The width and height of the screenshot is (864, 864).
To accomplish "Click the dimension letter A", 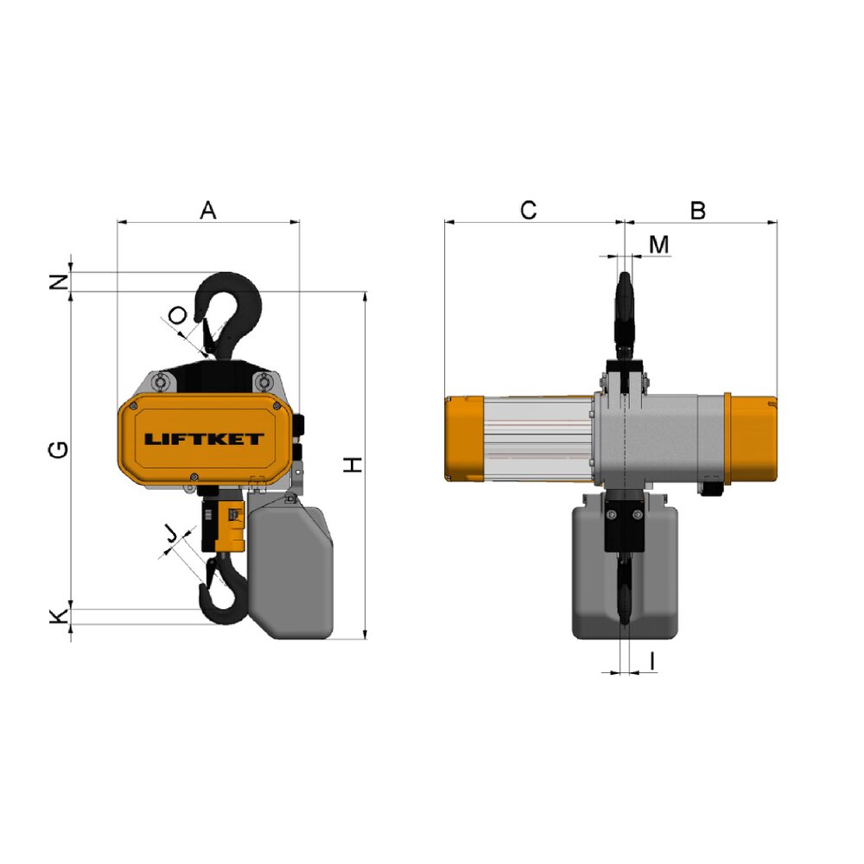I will click(207, 210).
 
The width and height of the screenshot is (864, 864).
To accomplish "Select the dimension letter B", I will click(698, 210).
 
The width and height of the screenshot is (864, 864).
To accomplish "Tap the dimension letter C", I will click(529, 210).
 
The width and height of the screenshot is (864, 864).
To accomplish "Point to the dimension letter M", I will click(659, 245).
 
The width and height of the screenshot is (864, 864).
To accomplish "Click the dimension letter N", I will click(57, 281).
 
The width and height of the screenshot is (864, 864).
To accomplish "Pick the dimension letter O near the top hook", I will click(176, 316).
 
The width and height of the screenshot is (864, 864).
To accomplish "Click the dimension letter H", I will click(353, 465).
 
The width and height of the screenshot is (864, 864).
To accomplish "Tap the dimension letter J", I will click(172, 535).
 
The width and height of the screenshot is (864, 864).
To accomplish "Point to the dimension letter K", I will click(57, 616).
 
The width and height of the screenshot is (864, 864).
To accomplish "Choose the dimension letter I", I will click(651, 661).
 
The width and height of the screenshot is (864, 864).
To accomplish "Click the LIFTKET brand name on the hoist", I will click(204, 439).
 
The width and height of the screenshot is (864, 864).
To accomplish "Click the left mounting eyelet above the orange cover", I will click(160, 382).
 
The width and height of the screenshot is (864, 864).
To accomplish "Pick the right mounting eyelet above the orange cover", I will click(263, 382).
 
